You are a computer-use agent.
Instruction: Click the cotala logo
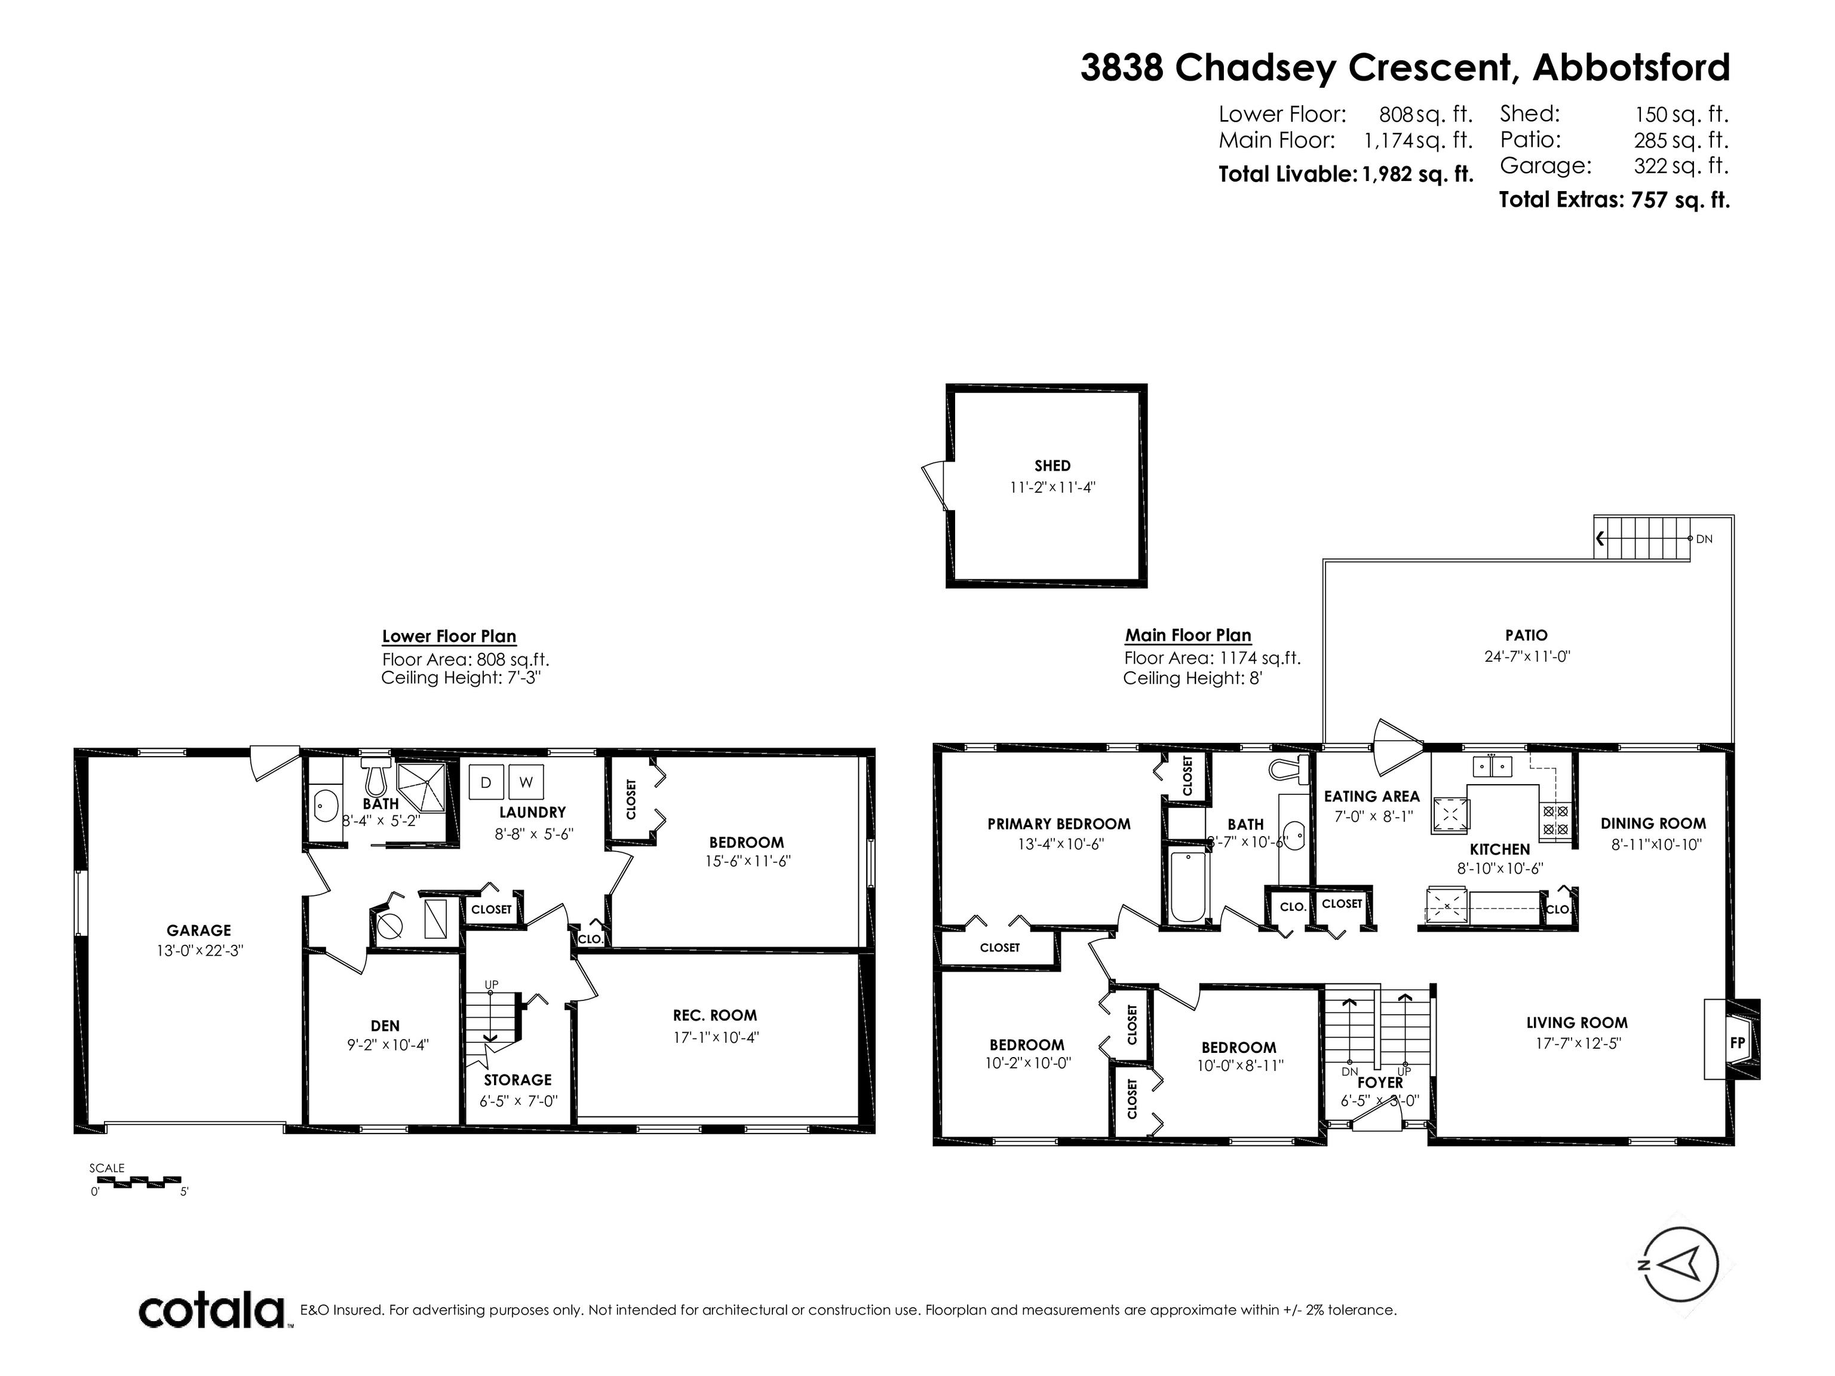point(211,1312)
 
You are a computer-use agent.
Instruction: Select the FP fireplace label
point(1737,1043)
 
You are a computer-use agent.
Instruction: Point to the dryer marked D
point(486,782)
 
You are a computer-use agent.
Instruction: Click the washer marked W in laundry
point(526,782)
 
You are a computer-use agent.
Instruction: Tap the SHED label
point(1052,466)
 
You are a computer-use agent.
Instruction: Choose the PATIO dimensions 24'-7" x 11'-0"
point(1527,657)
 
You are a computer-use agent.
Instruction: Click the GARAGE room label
point(199,930)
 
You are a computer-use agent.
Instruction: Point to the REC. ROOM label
point(715,1015)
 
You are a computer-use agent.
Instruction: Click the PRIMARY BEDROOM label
point(1059,824)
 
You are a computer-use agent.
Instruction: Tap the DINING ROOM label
point(1653,824)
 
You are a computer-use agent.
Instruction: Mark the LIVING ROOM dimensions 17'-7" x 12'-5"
point(1577,1043)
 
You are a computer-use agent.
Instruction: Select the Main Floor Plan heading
point(1188,635)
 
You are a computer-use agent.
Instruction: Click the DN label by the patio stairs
point(1704,539)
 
